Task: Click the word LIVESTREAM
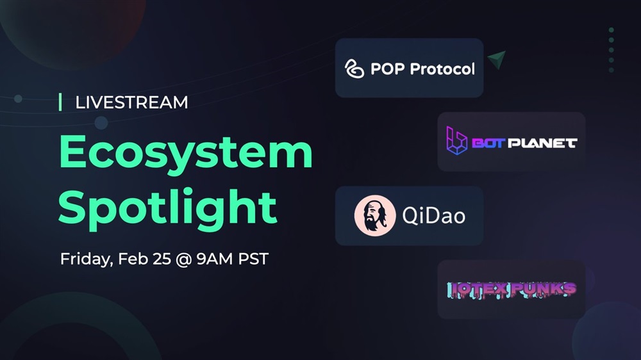point(131,102)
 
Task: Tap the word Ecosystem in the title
point(186,152)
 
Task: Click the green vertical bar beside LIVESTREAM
point(60,102)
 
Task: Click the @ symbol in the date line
point(183,259)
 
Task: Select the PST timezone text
point(253,259)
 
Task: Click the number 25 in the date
point(162,259)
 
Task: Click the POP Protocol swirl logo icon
point(354,69)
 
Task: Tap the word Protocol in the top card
point(442,69)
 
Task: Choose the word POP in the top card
point(388,69)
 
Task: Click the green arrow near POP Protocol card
point(497,59)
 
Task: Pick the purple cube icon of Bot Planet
point(456,140)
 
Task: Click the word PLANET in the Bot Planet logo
point(542,143)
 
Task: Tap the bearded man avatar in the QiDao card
point(375,216)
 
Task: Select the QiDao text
point(434,215)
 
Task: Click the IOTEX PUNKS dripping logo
point(512,290)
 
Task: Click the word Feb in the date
point(133,259)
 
